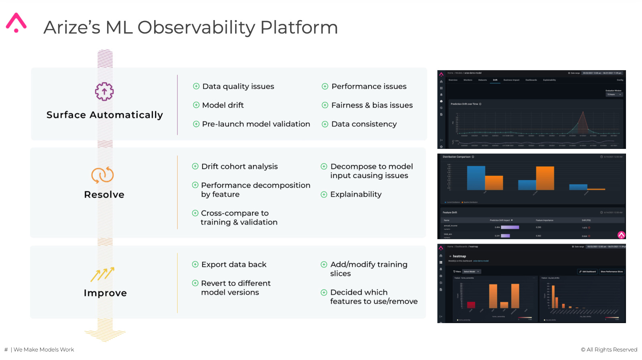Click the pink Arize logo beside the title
click(x=16, y=23)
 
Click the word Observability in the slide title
click(x=196, y=28)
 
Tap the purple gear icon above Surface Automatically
click(x=104, y=92)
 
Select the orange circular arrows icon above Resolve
click(x=103, y=175)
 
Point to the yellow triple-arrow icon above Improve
click(x=103, y=274)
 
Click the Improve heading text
click(x=105, y=293)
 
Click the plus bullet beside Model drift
click(x=196, y=105)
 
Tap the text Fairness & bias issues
click(x=372, y=105)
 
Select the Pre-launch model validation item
click(x=256, y=124)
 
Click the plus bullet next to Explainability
click(x=324, y=195)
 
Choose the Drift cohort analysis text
click(x=239, y=167)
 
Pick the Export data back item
click(x=234, y=264)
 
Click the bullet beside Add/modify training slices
click(x=324, y=264)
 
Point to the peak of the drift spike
click(x=583, y=112)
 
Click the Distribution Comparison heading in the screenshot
click(x=456, y=157)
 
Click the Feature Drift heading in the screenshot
click(x=450, y=212)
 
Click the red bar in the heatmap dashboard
click(x=471, y=305)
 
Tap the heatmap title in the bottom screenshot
click(x=459, y=256)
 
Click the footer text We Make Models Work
click(x=44, y=350)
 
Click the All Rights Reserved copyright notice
click(x=609, y=350)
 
